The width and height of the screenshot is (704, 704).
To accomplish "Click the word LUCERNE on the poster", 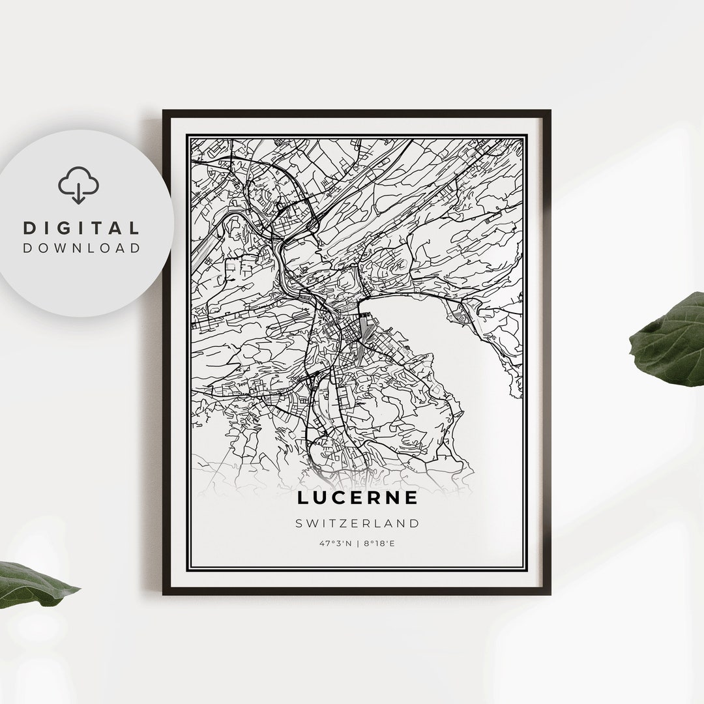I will click(x=357, y=498).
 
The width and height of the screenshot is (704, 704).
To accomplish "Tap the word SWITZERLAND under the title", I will click(x=357, y=523).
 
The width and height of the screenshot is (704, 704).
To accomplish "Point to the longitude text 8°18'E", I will click(x=379, y=542).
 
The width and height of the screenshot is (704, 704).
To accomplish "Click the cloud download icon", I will click(x=79, y=186).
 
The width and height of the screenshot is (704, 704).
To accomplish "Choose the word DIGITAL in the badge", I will click(x=81, y=228).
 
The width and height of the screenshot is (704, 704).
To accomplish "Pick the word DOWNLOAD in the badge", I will click(x=81, y=248).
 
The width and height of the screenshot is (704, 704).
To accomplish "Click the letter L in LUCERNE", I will click(x=302, y=498).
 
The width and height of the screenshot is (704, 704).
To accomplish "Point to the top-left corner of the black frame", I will click(x=164, y=111).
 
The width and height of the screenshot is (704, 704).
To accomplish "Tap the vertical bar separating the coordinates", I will click(x=358, y=542).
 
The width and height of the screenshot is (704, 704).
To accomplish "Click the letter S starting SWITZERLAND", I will click(x=298, y=523).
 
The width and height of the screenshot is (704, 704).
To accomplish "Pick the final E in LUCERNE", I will click(x=412, y=498).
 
